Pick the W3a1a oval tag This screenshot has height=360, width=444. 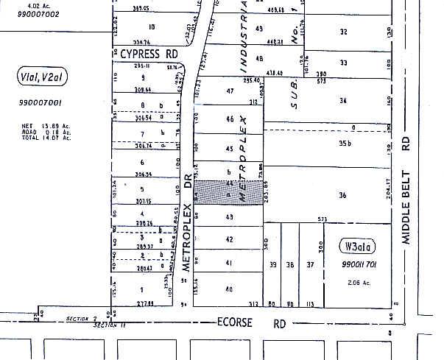point(356,246)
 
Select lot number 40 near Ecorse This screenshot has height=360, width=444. point(229,289)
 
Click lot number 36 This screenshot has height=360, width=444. point(342,195)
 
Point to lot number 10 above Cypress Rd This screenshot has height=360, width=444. point(152,27)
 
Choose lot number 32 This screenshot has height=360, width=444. point(343,32)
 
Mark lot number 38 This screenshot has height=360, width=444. point(290,264)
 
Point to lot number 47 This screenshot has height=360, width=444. point(230,91)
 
